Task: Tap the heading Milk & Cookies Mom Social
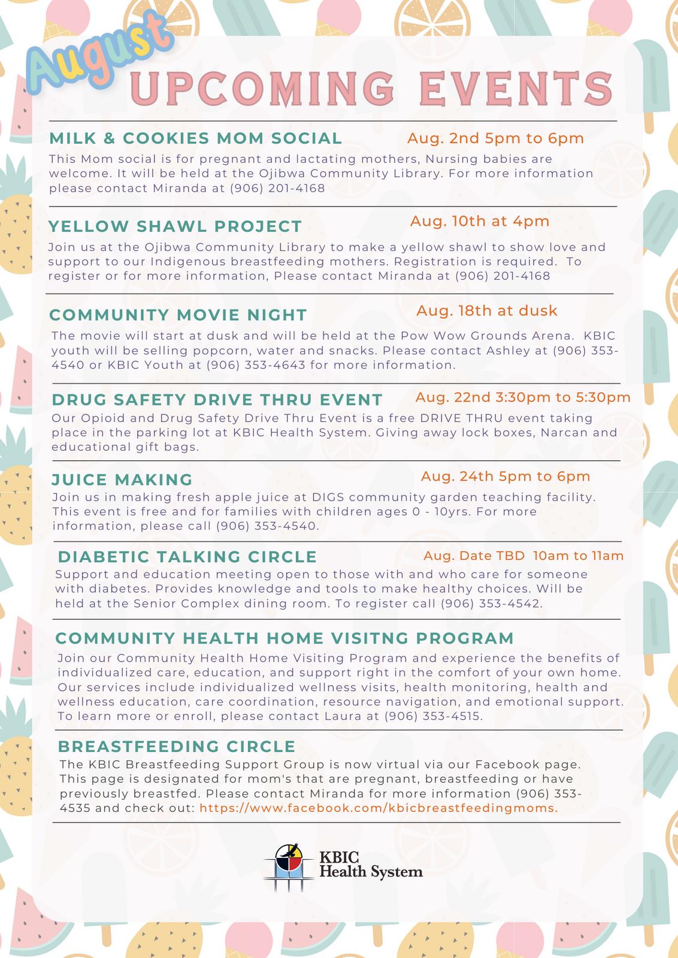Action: [x=195, y=138]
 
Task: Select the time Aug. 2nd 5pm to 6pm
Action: [x=495, y=138]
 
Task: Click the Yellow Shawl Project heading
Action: [x=175, y=226]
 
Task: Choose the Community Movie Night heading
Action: [x=178, y=315]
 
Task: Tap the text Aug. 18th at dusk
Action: [x=486, y=311]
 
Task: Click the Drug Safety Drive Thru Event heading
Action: [x=217, y=399]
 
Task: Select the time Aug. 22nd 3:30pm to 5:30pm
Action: [x=522, y=397]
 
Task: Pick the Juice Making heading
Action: [x=122, y=480]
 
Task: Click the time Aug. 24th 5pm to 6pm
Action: [x=505, y=476]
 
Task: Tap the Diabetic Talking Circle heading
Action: [x=187, y=557]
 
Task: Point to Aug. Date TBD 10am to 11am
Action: [x=523, y=556]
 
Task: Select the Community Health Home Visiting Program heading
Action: [x=284, y=638]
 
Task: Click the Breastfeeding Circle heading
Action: [x=177, y=746]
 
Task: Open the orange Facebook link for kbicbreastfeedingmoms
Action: [x=379, y=808]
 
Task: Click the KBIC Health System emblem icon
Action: [x=289, y=868]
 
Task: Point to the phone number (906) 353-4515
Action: [x=432, y=716]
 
